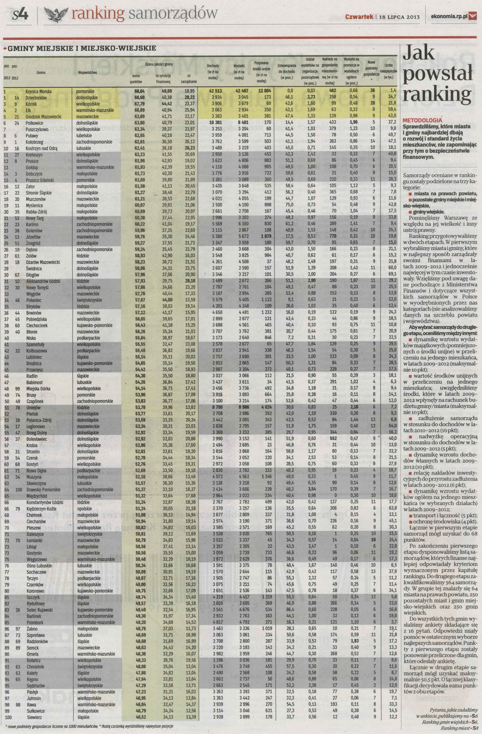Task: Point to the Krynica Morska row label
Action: point(39,91)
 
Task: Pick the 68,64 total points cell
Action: point(139,91)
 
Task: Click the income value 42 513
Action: point(213,91)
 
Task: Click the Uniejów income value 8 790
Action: point(213,407)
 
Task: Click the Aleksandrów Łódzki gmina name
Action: point(43,281)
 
